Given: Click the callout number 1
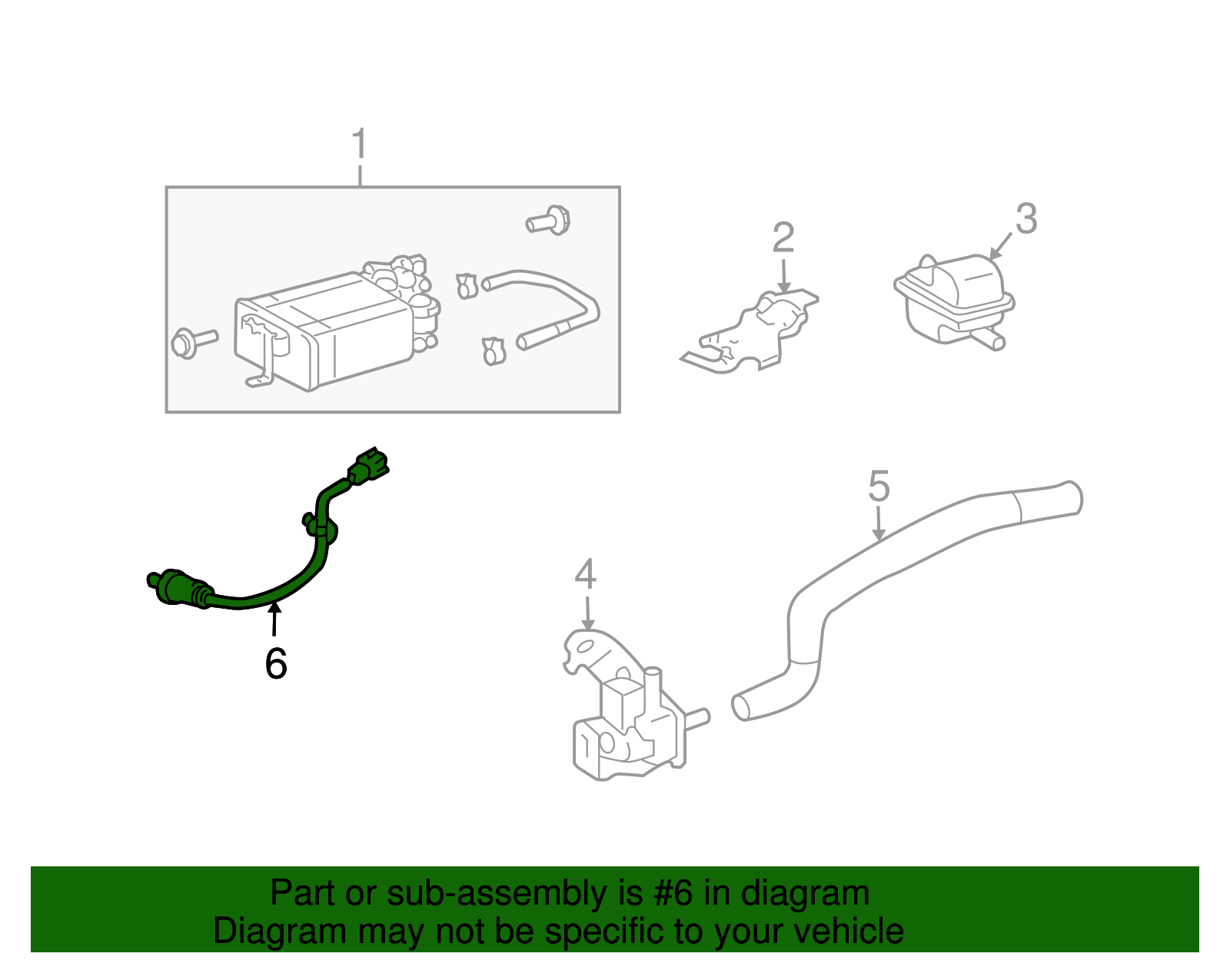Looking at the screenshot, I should coord(359,144).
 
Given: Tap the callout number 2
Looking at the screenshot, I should coord(783,238).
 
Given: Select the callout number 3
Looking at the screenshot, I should coord(1026,219).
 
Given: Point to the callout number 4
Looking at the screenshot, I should coord(585,575).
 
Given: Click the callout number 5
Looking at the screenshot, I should coord(879,487).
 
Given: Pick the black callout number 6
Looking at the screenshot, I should coord(276,664).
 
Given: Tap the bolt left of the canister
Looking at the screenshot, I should coord(192,341).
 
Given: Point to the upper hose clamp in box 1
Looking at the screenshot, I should coord(467,286).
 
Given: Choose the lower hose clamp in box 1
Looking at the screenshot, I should coord(493,351).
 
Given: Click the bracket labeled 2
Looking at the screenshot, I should coord(753,334).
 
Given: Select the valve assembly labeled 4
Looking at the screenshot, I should coord(627,715).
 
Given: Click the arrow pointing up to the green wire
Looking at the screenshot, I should coord(274,619).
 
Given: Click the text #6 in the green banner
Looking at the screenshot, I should coord(673,893).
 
